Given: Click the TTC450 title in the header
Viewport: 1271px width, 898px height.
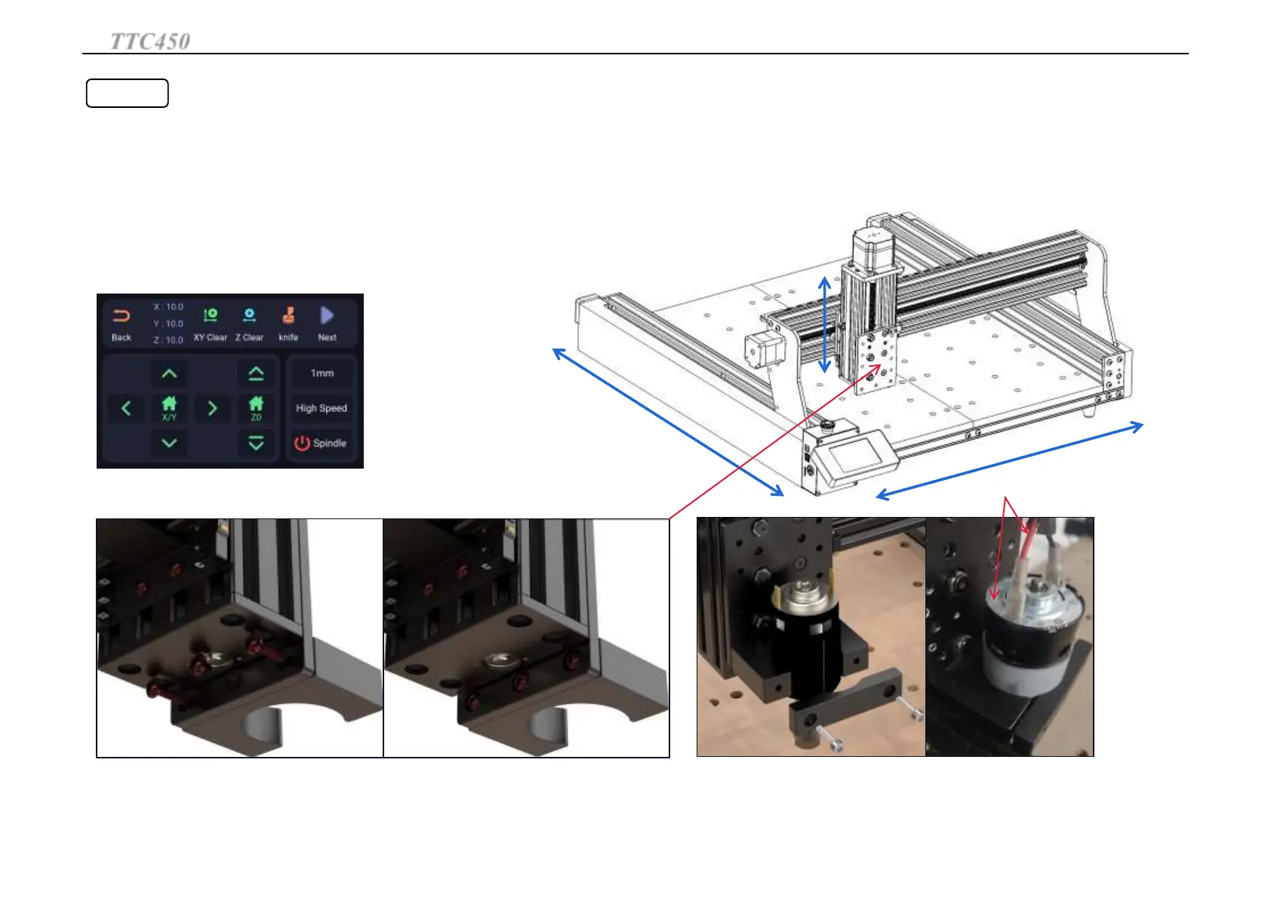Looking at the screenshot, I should (150, 41).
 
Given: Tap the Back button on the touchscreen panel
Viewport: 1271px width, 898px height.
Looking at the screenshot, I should (122, 324).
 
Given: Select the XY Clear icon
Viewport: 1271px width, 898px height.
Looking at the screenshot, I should (211, 324).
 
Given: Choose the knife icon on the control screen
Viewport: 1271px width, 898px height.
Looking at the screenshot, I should (288, 324).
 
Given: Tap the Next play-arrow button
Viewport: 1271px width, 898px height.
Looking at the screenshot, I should (327, 324).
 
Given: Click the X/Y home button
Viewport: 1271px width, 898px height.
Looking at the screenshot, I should (169, 408).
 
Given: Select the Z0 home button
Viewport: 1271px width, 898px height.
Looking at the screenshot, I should (256, 408).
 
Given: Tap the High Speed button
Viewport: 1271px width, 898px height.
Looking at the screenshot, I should (322, 408).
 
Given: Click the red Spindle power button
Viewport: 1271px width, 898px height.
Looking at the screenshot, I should (321, 443).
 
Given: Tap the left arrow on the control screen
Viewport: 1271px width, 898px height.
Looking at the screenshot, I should (126, 408).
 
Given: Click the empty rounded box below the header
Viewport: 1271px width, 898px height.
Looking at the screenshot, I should (127, 93).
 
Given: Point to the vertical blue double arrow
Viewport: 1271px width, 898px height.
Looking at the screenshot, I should (825, 324).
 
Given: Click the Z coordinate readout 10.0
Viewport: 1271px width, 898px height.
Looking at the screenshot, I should (169, 340).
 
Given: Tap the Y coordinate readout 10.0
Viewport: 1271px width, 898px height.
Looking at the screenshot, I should (169, 324).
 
